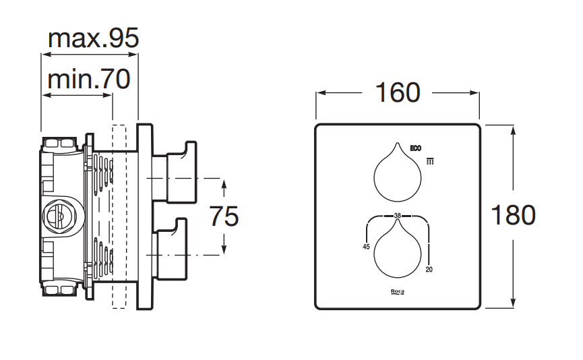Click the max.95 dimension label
pos(93,38)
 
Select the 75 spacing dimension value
pos(224,216)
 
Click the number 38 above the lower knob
pos(397,216)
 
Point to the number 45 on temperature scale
pos(367,247)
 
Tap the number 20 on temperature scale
pos(429,270)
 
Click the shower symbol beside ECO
pos(430,160)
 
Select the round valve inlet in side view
pos(57,216)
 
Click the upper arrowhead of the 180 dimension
pos(514,129)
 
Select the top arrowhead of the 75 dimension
pos(224,183)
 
